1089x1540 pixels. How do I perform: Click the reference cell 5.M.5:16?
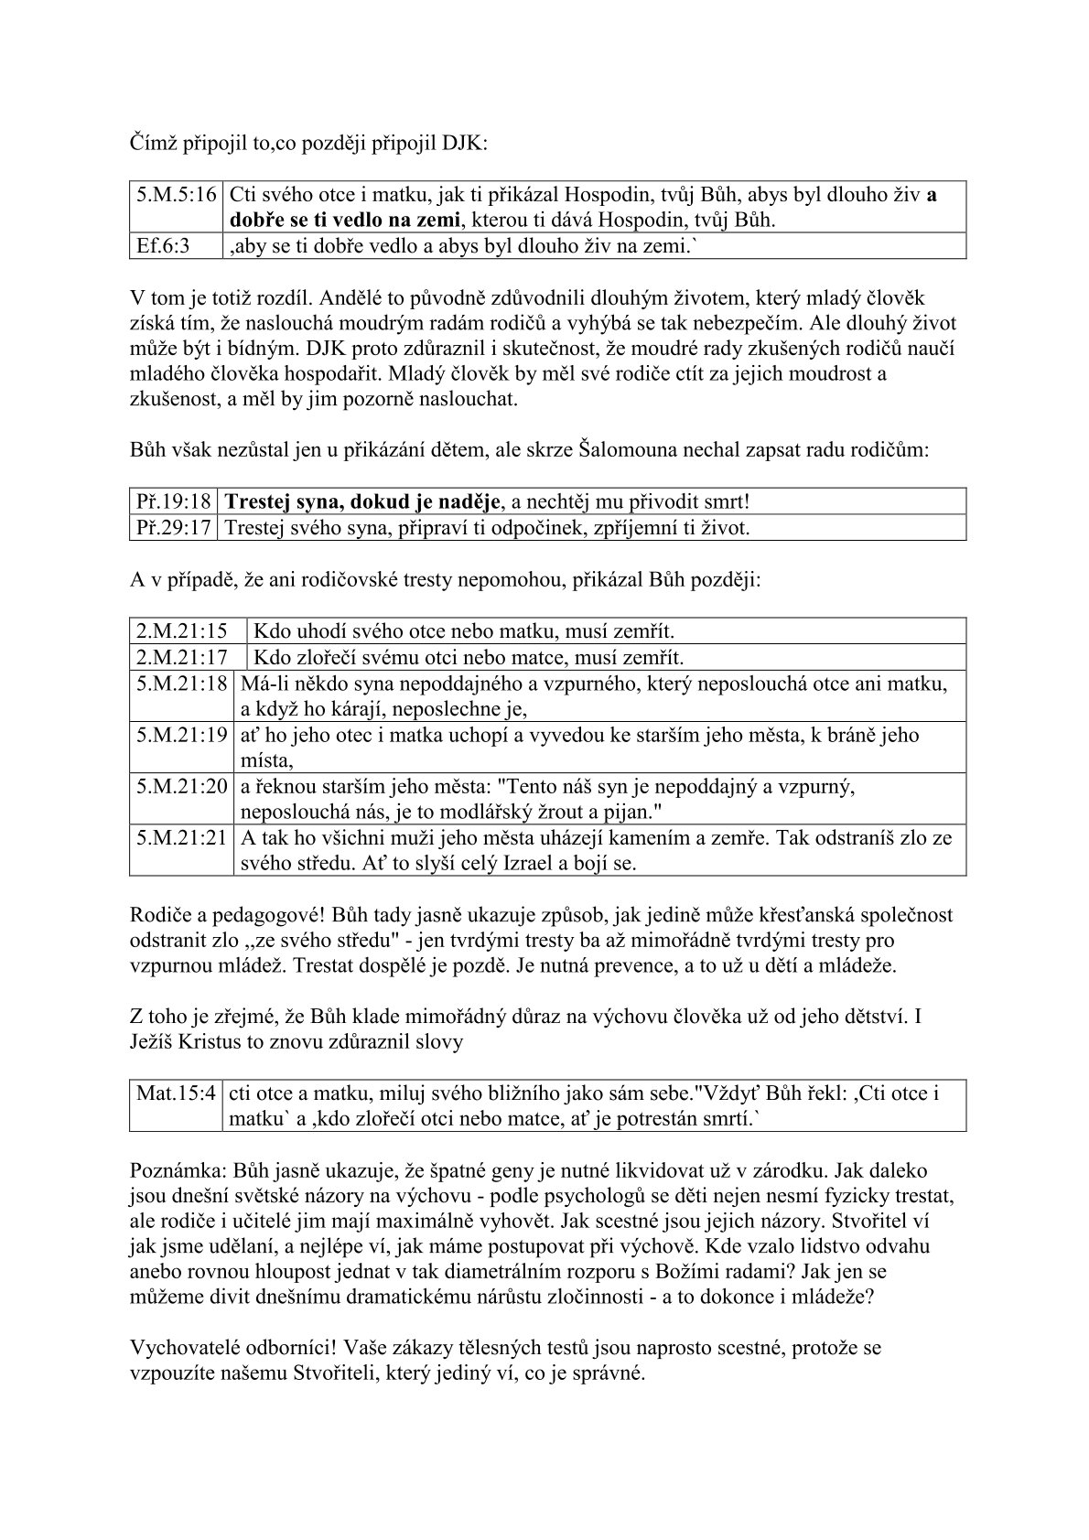[177, 195]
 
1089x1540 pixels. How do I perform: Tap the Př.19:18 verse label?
[174, 501]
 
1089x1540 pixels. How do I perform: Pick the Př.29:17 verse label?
[174, 527]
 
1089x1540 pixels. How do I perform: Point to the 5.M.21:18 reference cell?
[182, 684]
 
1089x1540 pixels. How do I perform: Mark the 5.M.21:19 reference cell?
[182, 735]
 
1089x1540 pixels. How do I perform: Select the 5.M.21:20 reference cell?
[182, 786]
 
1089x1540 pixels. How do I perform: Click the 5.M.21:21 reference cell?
[182, 837]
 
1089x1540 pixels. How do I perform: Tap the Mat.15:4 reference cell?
[176, 1093]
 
